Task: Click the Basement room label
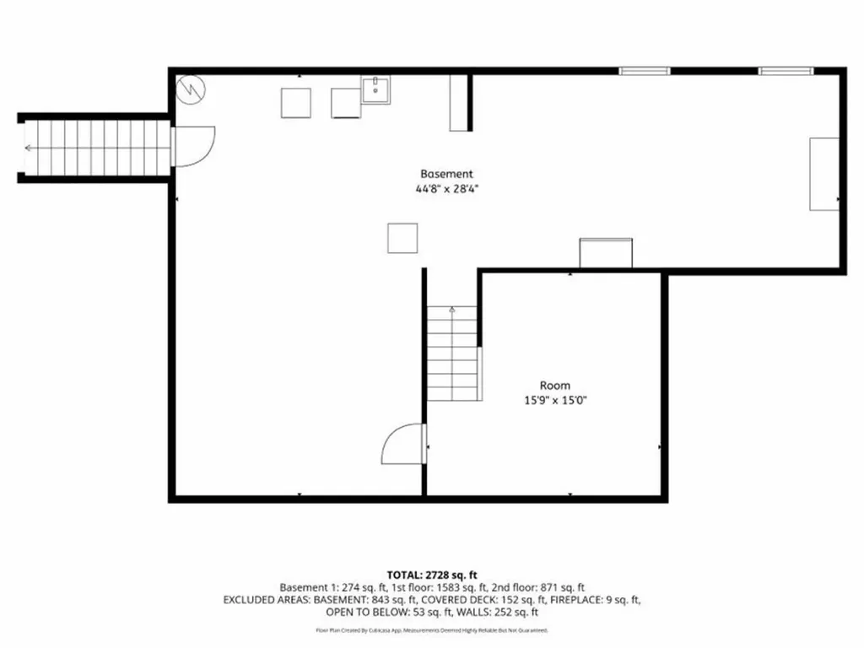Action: point(440,174)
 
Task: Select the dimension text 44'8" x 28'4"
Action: point(440,189)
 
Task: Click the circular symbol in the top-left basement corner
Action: point(190,87)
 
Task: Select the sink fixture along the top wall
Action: point(376,89)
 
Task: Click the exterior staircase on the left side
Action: point(94,148)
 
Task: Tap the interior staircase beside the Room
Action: point(453,354)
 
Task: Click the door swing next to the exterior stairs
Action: point(192,145)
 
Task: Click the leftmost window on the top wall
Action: point(645,71)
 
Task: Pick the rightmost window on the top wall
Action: point(786,71)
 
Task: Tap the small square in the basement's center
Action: point(402,237)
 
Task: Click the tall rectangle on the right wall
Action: point(824,174)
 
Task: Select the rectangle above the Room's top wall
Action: point(605,253)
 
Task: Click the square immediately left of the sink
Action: point(346,102)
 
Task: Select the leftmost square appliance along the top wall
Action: point(296,102)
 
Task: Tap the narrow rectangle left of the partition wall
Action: point(458,102)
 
